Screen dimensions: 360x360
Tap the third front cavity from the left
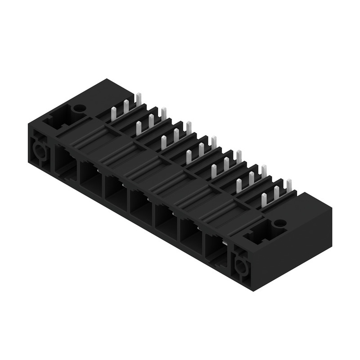pyautogui.click(x=115, y=189)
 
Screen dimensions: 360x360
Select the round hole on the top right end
pyautogui.click(x=278, y=224)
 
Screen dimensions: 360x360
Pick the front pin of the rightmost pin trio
pyautogui.click(x=264, y=200)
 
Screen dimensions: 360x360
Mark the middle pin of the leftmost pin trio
pyautogui.click(x=126, y=106)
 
